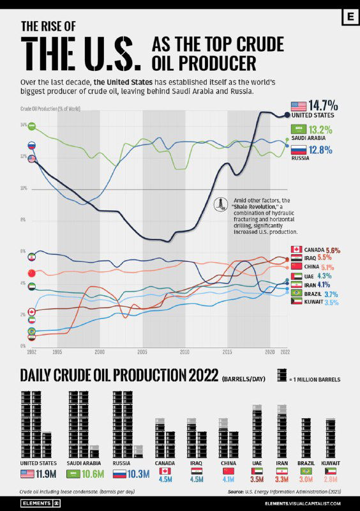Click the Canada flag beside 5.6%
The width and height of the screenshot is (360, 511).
[296, 250]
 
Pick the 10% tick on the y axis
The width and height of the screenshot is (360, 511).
[24, 188]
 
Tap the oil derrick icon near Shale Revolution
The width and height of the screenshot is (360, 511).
[221, 203]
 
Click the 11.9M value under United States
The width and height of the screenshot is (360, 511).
[49, 474]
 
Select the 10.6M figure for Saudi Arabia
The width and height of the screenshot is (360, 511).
[93, 474]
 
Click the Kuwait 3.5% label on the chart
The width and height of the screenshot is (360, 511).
[331, 303]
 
